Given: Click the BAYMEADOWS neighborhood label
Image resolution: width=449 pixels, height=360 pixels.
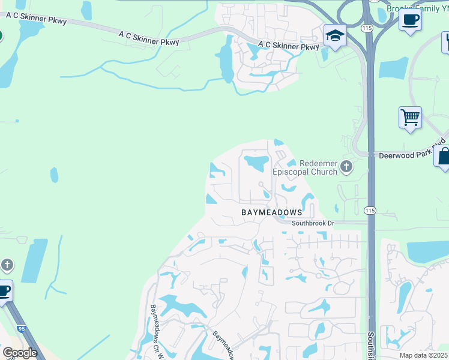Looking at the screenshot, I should point(271,212).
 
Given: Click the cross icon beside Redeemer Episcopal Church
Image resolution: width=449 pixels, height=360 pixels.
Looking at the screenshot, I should point(346,167).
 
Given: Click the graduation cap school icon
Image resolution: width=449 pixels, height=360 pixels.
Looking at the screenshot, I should point(334,35).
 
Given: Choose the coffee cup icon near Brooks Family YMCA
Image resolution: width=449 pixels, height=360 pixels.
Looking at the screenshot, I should point(410,19).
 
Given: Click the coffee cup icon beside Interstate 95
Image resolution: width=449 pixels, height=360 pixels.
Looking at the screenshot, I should point(4,291).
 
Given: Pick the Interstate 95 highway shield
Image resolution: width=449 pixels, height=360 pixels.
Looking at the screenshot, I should point(22,329).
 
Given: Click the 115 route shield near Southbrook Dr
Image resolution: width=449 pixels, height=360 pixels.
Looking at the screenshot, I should point(369,210).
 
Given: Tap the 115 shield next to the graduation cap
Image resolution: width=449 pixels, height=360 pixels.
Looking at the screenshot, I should point(366,28).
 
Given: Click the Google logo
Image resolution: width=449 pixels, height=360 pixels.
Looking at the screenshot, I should point(20,353).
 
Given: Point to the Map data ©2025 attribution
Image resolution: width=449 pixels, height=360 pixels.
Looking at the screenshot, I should point(423,355).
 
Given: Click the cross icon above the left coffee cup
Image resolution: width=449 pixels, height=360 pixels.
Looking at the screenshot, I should point(7,265).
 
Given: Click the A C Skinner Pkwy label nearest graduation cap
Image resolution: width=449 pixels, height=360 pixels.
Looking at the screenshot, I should point(289,46).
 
